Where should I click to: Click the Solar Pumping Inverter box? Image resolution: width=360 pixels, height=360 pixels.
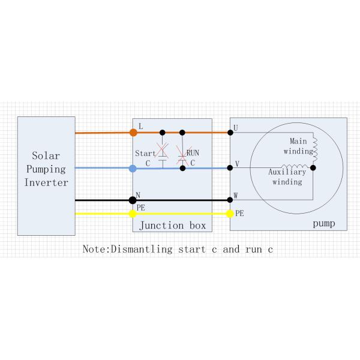pyautogui.click(x=46, y=175)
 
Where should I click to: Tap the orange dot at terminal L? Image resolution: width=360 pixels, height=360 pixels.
pyautogui.click(x=133, y=132)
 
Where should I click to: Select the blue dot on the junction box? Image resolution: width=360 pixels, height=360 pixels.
pyautogui.click(x=133, y=169)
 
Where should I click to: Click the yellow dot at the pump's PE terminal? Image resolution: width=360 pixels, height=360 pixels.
pyautogui.click(x=230, y=213)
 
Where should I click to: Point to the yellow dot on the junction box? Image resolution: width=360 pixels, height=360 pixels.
pyautogui.click(x=133, y=213)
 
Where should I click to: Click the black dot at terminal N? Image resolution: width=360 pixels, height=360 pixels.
pyautogui.click(x=133, y=200)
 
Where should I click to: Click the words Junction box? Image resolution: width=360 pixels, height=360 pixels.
pyautogui.click(x=172, y=226)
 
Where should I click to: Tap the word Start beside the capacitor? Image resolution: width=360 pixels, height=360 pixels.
pyautogui.click(x=146, y=154)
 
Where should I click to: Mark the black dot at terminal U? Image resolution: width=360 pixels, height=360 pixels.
pyautogui.click(x=230, y=132)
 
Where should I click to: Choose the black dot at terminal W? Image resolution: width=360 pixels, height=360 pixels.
pyautogui.click(x=230, y=200)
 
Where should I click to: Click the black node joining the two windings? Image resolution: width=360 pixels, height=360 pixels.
pyautogui.click(x=313, y=168)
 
